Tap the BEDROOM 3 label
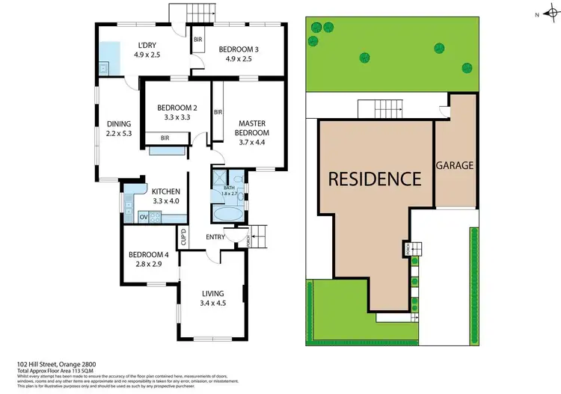[239, 49]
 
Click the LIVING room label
[214, 293]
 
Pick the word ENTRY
[216, 238]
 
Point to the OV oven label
[144, 218]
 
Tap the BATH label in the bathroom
[228, 188]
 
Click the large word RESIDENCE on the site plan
[373, 179]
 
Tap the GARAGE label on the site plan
[455, 166]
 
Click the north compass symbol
[547, 13]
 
